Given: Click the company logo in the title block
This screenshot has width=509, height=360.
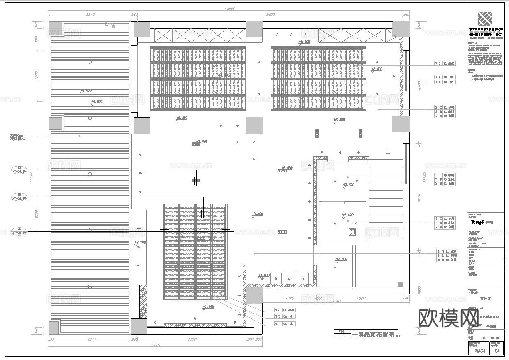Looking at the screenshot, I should pyautogui.click(x=486, y=19).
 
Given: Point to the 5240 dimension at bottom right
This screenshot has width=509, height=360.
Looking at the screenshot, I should pyautogui.click(x=336, y=301).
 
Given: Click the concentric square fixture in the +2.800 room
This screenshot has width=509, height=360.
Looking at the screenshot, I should pyautogui.click(x=352, y=232).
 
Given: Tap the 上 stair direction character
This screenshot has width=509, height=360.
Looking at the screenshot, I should pyautogui.click(x=388, y=152).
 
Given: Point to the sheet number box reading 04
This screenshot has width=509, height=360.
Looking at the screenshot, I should pyautogui.click(x=497, y=351).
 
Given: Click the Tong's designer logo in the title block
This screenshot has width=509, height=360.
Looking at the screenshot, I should pyautogui.click(x=478, y=222).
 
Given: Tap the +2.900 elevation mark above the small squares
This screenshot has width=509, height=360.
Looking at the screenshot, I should pyautogui.click(x=263, y=275).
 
